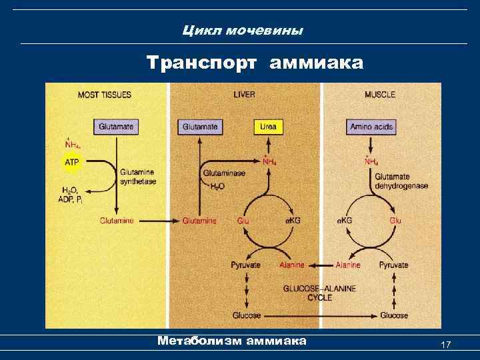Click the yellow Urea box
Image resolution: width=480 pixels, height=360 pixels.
coord(267,126)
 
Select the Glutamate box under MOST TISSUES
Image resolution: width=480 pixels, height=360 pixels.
coord(116,126)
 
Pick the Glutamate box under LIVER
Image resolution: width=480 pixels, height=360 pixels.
coord(200,126)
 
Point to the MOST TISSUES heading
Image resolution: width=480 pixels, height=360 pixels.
coord(105,95)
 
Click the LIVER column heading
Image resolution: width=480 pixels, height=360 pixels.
coord(244,95)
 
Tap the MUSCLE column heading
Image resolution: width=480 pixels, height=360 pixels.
coord(380,95)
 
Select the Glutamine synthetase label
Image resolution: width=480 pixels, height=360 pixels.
coord(137,177)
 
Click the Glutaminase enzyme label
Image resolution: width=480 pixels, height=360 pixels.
coord(224,173)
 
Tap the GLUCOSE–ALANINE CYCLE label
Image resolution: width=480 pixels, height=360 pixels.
coord(319,293)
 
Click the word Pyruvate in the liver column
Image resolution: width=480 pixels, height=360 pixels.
coord(245,265)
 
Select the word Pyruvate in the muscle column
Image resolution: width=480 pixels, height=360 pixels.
coord(393,265)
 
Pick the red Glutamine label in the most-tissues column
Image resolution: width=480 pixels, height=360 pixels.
coord(117,221)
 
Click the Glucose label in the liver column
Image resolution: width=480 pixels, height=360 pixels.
coord(246,315)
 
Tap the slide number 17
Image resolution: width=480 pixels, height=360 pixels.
coord(446,344)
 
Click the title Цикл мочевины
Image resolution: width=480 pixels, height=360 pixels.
coord(243,31)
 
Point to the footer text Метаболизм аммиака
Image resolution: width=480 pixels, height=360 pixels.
coord(231,341)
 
